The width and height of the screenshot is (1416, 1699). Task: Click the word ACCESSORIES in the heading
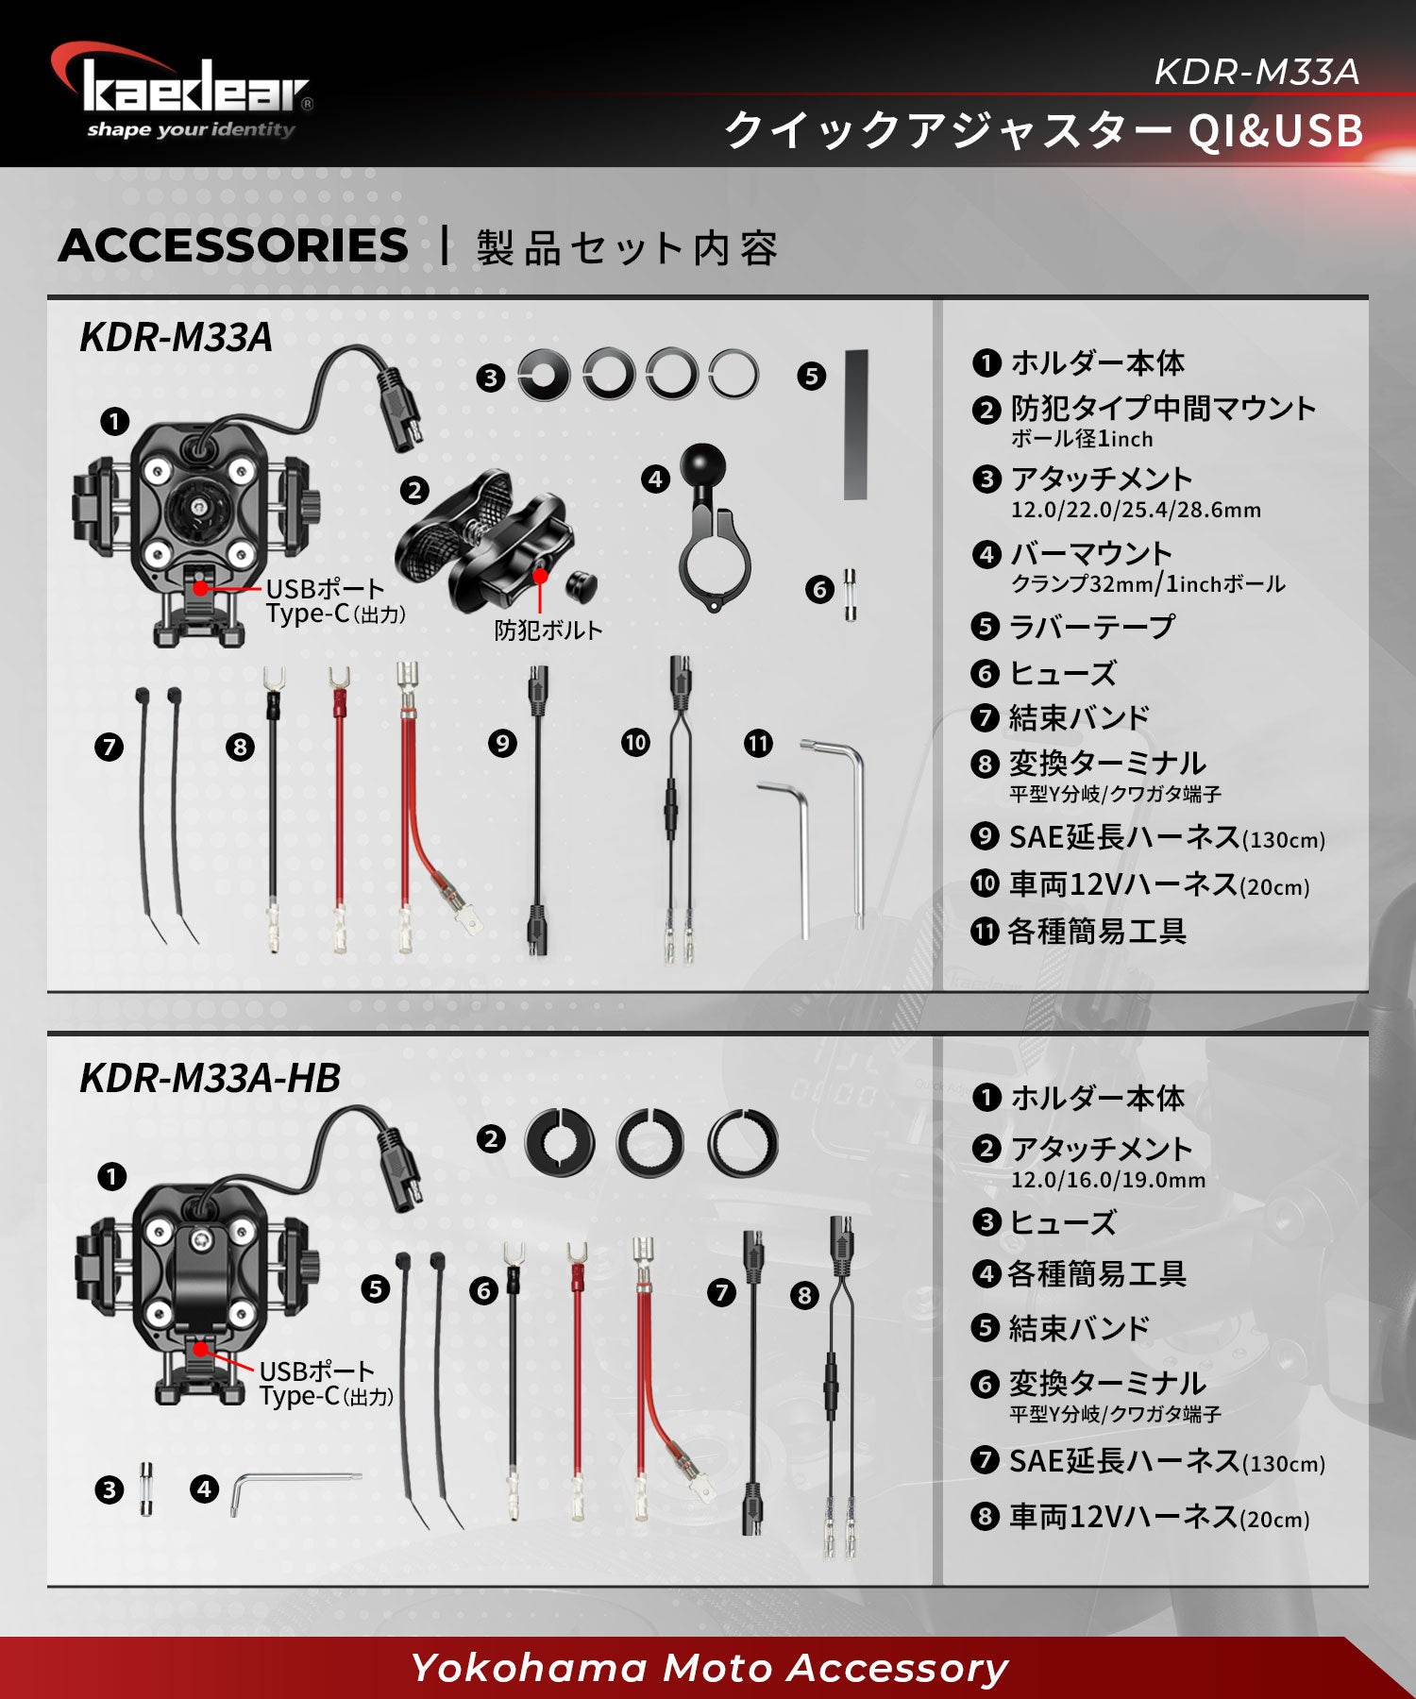233,246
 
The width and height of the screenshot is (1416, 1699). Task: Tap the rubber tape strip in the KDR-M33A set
856,425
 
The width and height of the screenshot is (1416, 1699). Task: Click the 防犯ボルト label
548,631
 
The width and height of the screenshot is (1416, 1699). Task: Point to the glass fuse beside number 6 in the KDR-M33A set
851,595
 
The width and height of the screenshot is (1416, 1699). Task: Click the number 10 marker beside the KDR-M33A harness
635,743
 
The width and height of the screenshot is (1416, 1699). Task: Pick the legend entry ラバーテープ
1092,627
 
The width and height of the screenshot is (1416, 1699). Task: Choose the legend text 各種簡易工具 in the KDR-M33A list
1097,932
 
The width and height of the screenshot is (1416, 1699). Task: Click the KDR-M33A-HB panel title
210,1078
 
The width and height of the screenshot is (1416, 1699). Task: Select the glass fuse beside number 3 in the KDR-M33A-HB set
146,1489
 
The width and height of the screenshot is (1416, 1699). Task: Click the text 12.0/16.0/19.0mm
1108,1180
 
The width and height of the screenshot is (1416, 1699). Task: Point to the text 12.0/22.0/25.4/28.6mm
1136,510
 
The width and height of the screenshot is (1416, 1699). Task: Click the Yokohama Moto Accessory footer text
709,1669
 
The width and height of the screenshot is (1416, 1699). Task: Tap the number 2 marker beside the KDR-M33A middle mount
413,490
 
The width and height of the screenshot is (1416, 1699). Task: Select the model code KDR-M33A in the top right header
1256,72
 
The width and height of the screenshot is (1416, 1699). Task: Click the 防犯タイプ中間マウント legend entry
1163,409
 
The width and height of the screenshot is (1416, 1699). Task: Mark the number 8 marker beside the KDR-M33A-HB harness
804,1295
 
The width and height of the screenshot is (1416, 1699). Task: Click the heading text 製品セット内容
627,248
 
